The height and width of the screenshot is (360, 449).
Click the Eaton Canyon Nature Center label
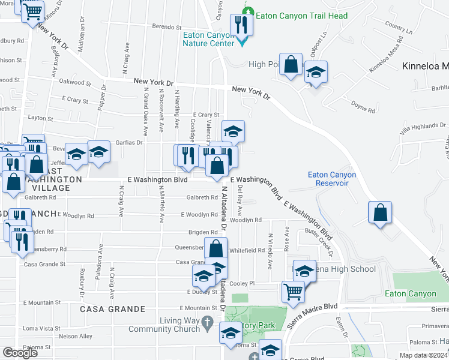point(208,40)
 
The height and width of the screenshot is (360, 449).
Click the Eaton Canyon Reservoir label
point(332,179)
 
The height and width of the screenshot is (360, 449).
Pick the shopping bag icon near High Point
point(291,65)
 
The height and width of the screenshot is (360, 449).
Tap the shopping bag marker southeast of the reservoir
point(380,213)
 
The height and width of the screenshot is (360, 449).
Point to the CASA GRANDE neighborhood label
point(113,309)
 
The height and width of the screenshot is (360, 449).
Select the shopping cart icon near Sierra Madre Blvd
point(294,292)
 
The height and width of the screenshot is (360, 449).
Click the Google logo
point(20,353)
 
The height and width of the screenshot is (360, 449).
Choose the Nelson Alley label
point(76,337)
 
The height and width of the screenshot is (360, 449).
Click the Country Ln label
point(400,28)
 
